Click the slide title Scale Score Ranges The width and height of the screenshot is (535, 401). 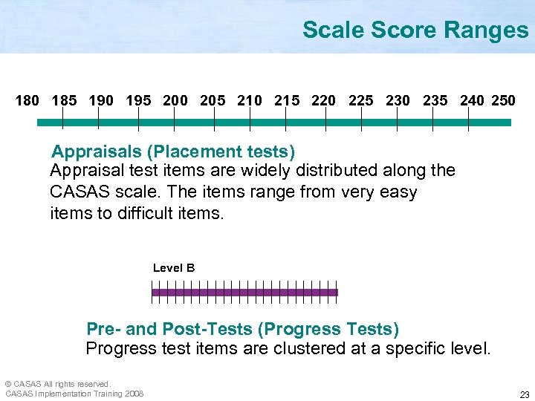coord(415,30)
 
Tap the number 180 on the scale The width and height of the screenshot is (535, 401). coord(27,100)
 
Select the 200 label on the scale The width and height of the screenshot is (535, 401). coord(175,100)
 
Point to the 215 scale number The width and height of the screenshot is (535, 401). coord(287,100)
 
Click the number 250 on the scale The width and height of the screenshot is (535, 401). coord(503,100)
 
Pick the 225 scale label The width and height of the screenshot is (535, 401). coord(361,100)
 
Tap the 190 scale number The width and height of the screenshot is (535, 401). coord(101,100)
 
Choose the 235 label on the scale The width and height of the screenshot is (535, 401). coord(435,100)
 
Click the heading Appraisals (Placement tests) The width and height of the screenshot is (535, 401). coord(173,152)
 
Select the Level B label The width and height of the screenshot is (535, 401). coord(174,268)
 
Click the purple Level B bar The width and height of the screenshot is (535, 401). coord(244,293)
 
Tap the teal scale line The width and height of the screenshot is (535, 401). coord(275,123)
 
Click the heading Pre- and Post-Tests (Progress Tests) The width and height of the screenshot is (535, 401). coord(243,329)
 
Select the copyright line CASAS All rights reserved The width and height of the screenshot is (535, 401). coord(58,384)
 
